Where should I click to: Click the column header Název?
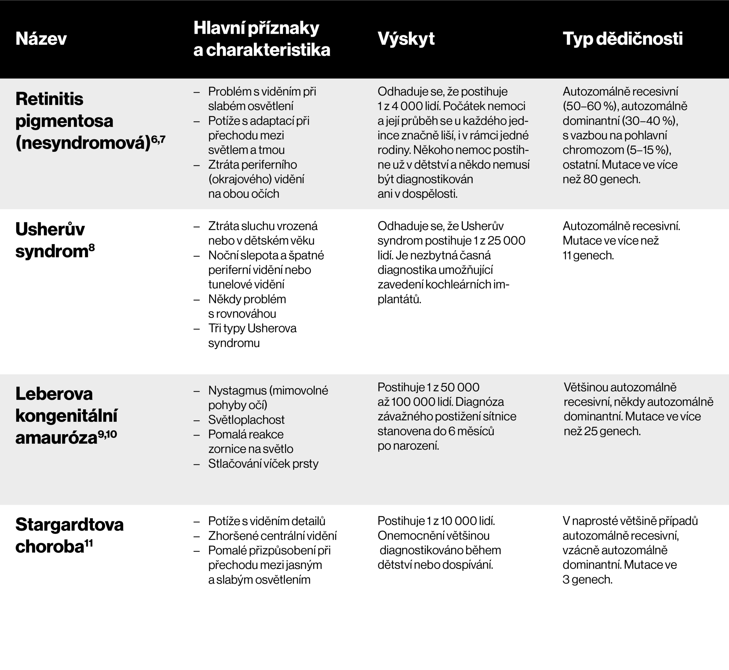tap(41, 39)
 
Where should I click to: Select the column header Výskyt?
tap(406, 39)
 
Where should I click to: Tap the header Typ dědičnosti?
tap(622, 39)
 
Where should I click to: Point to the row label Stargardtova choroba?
tap(69, 535)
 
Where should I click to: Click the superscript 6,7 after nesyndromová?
tap(158, 139)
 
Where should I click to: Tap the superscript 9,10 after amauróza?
tap(107, 434)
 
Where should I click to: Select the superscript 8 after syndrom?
tap(92, 248)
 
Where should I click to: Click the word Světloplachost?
tap(246, 419)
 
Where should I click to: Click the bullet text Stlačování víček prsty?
tap(263, 463)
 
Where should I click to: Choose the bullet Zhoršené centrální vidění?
tap(272, 536)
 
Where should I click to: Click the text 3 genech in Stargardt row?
tap(587, 579)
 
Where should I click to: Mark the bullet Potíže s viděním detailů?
tap(266, 521)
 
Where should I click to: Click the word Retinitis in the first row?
tap(49, 99)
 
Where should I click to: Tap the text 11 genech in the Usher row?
tap(588, 255)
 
